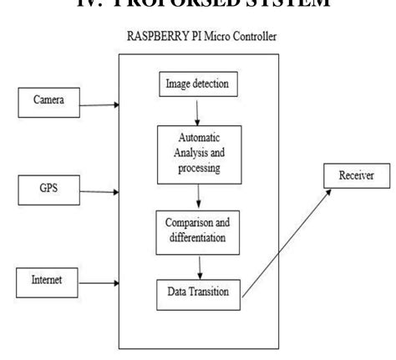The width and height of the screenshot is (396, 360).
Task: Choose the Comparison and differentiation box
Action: (x=199, y=227)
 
